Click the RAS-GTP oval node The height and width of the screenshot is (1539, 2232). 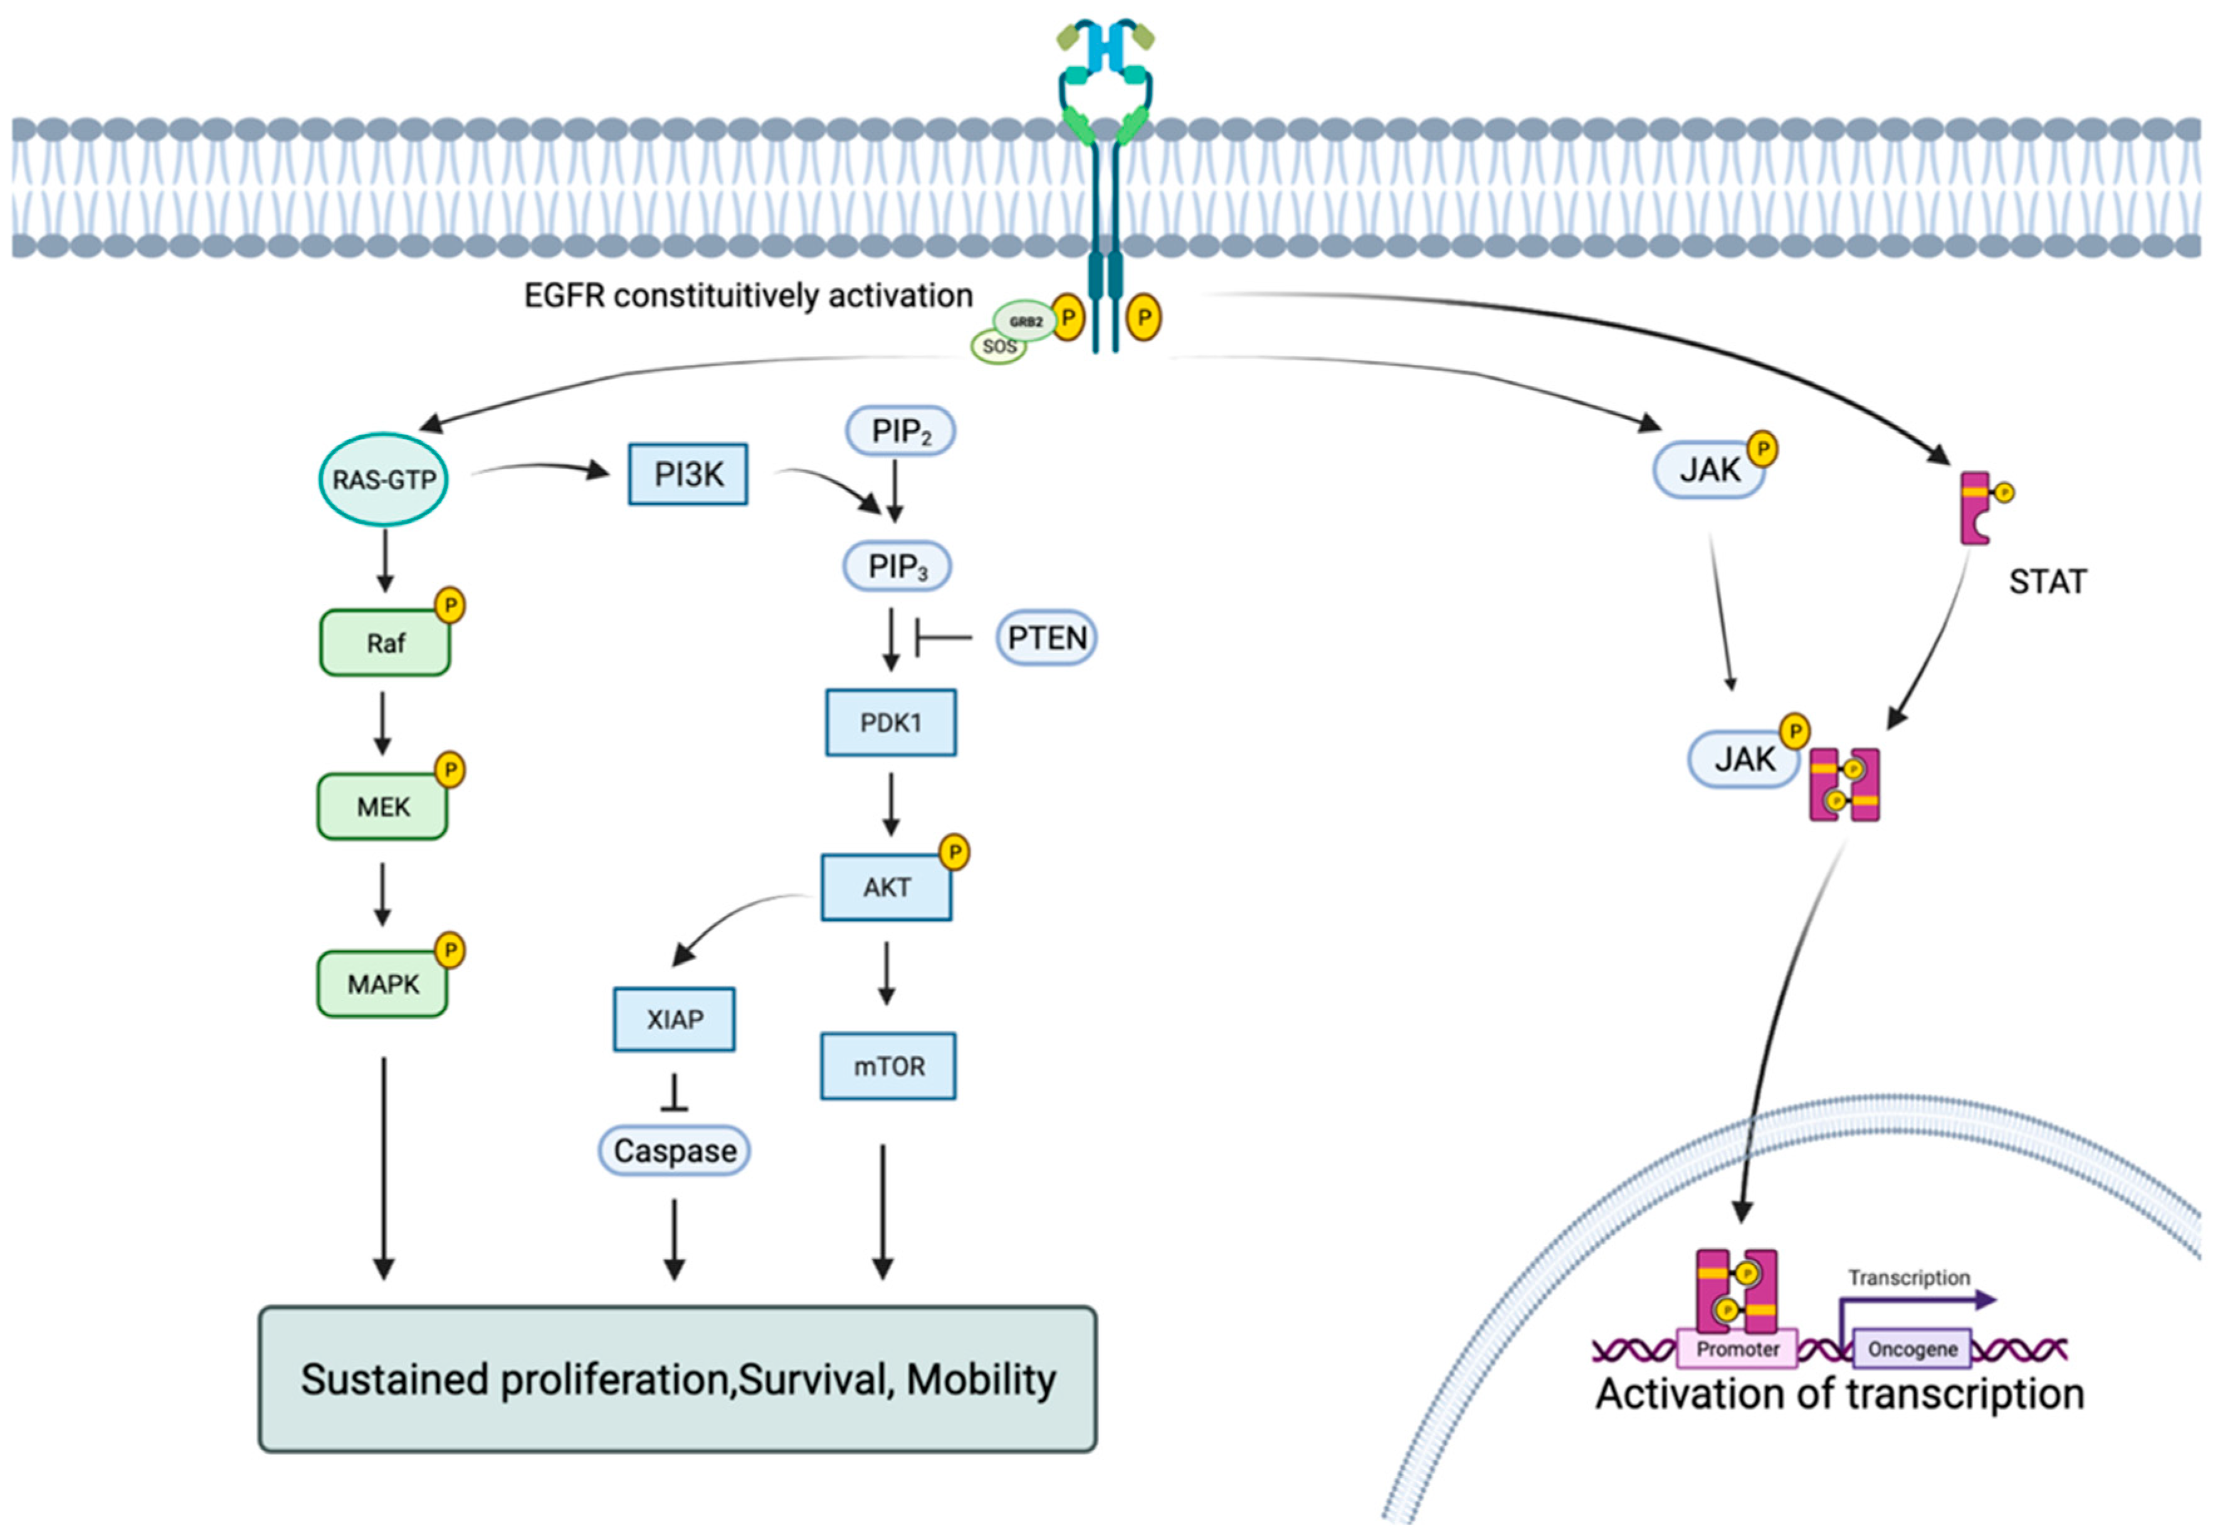click(x=384, y=479)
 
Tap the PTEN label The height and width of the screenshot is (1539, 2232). click(x=1046, y=638)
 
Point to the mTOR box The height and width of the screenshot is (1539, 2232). click(x=888, y=1066)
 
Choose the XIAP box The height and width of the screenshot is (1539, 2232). click(x=674, y=1019)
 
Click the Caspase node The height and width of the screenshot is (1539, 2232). click(x=674, y=1150)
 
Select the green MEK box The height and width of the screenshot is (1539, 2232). click(x=383, y=806)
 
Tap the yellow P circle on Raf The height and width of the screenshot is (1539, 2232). click(x=450, y=606)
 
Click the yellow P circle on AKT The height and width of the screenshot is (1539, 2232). click(x=954, y=851)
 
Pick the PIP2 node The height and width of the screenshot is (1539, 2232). click(x=900, y=431)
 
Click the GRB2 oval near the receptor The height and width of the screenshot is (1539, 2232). click(x=1025, y=321)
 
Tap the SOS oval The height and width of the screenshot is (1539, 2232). click(x=998, y=346)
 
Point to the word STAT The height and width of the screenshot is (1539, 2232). click(x=2047, y=582)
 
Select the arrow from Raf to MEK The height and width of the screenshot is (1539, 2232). click(x=383, y=723)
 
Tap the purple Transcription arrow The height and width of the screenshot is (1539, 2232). click(x=1919, y=1301)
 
